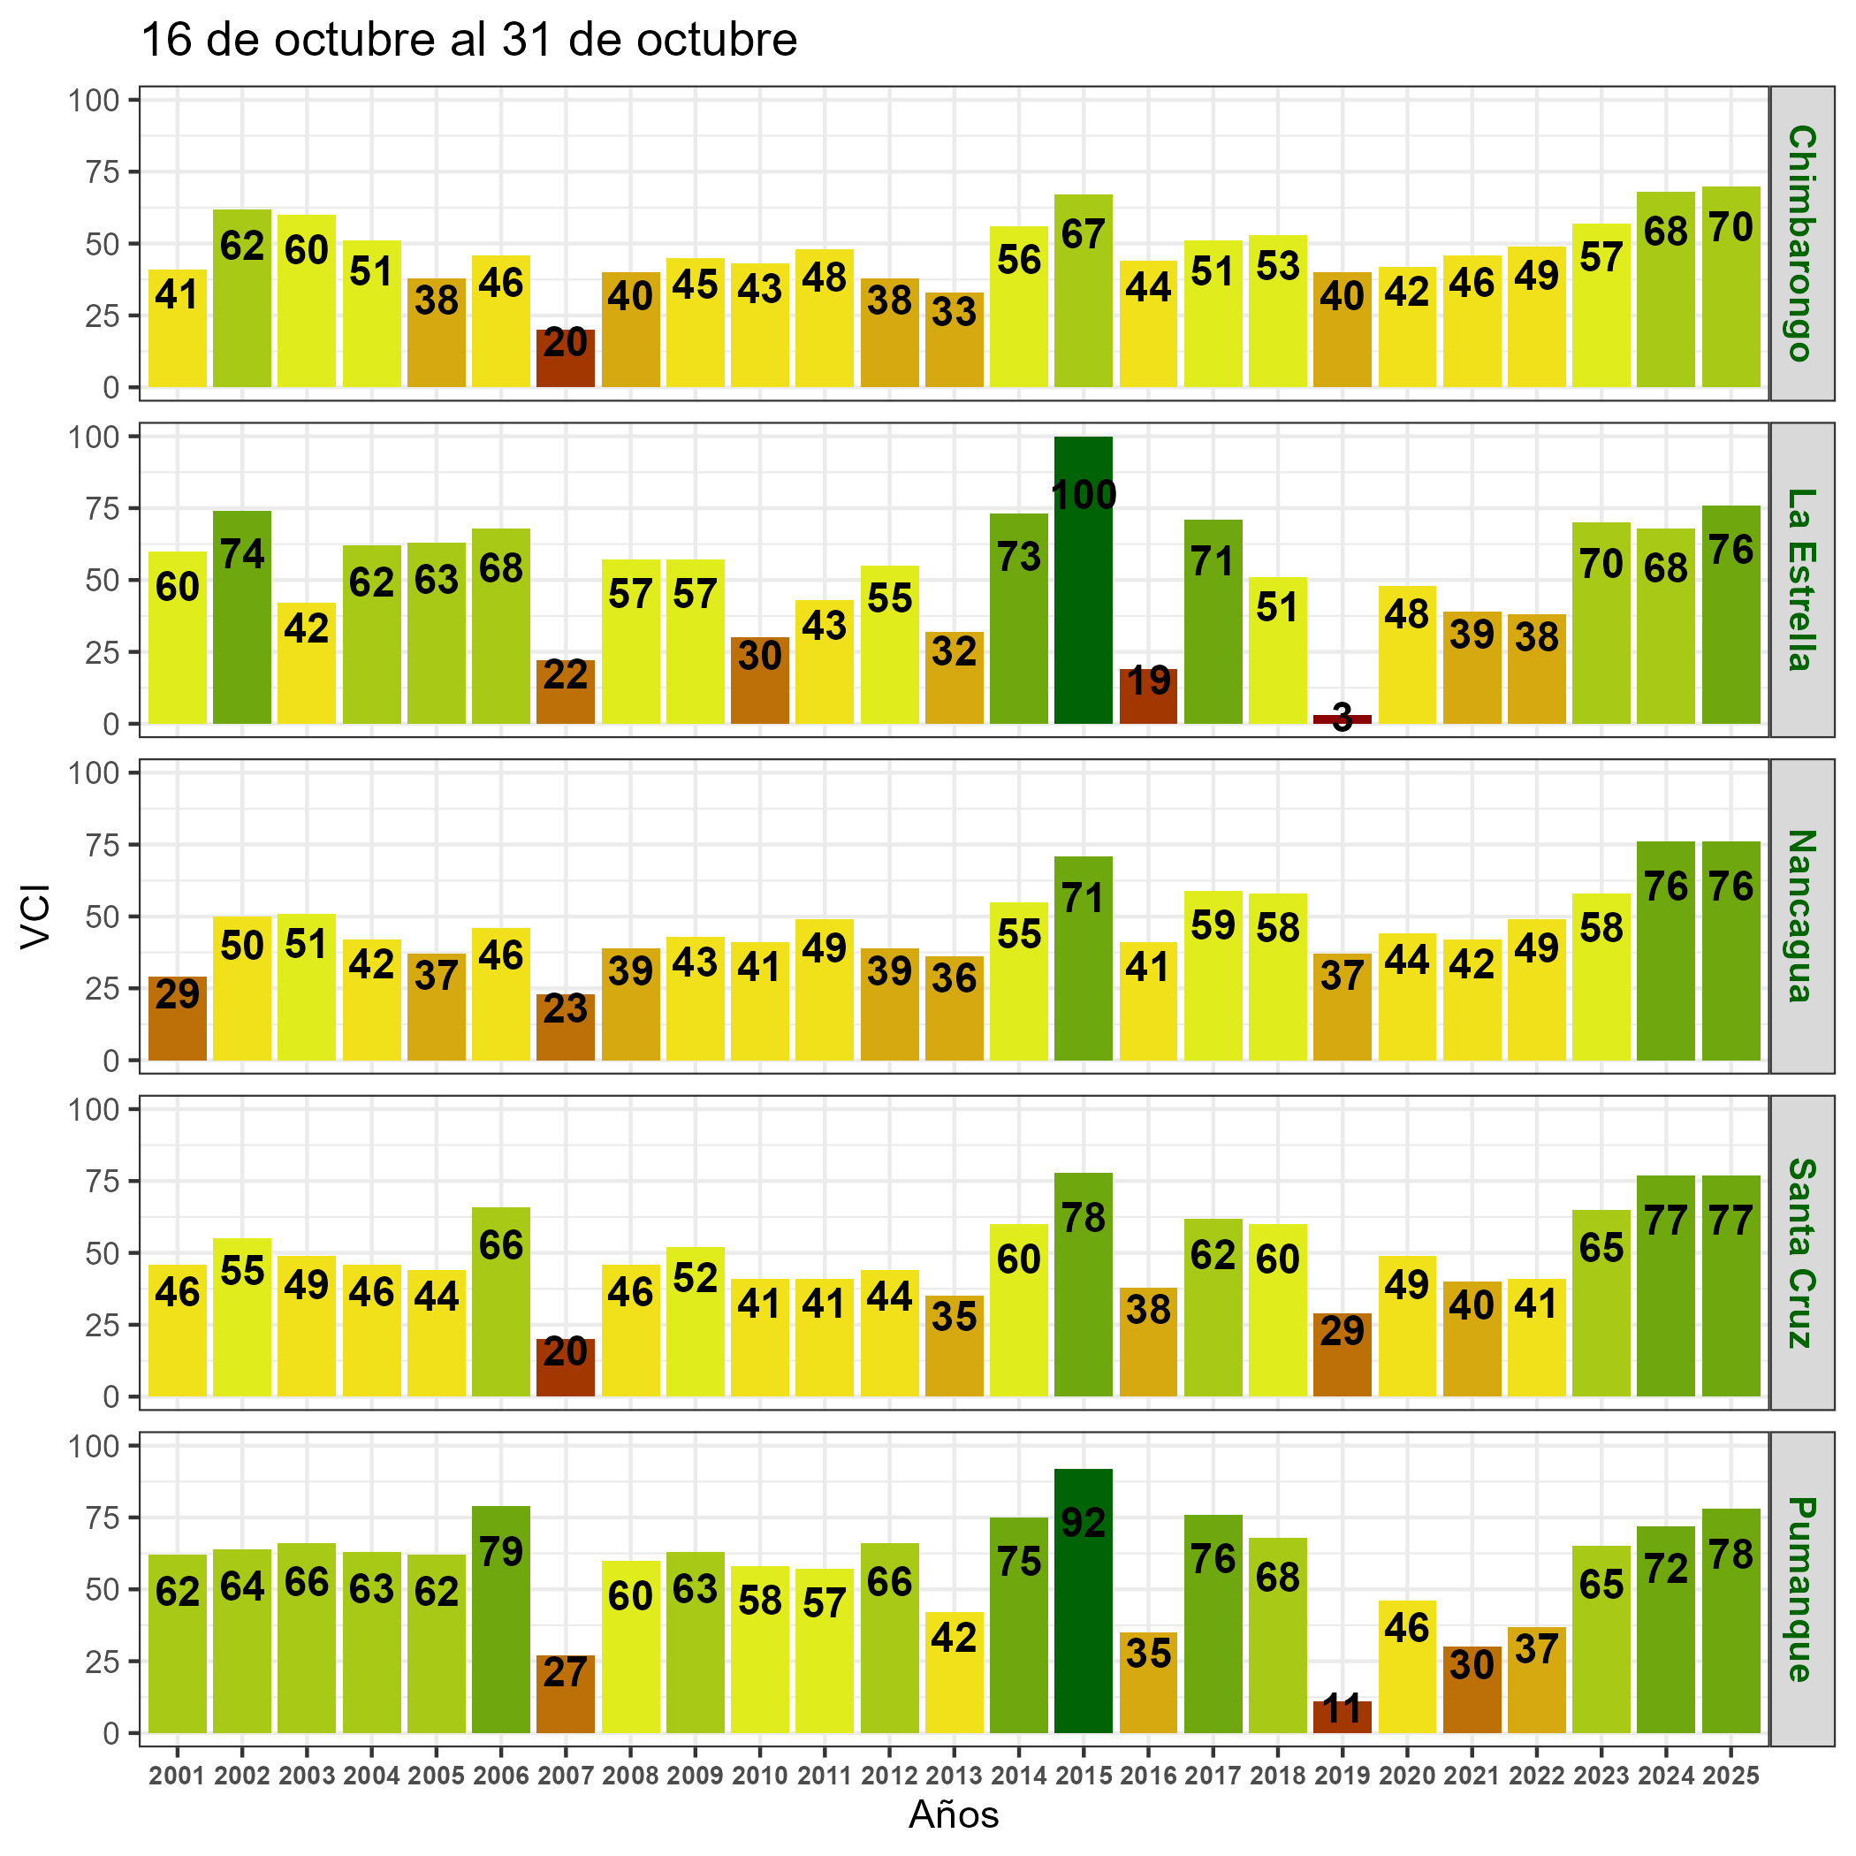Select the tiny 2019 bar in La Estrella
point(1342,719)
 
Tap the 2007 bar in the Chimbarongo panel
point(565,358)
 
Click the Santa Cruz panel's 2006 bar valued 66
point(500,1302)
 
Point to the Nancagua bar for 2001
point(177,1018)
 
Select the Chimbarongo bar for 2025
point(1730,286)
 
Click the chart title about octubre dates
point(468,42)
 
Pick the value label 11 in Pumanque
point(1342,1710)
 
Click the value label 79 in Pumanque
point(500,1551)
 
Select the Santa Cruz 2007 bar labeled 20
point(565,1367)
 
